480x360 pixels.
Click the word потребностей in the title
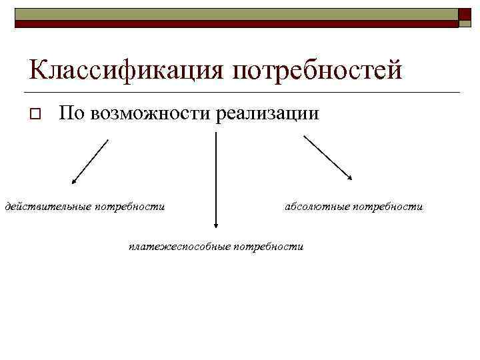coord(317,70)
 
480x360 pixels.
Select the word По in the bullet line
coord(69,114)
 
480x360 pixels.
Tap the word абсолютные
coord(316,207)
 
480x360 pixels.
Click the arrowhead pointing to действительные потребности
coord(74,181)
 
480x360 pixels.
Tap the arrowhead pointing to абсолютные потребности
coord(350,177)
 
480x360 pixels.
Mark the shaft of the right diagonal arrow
coord(326,156)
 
